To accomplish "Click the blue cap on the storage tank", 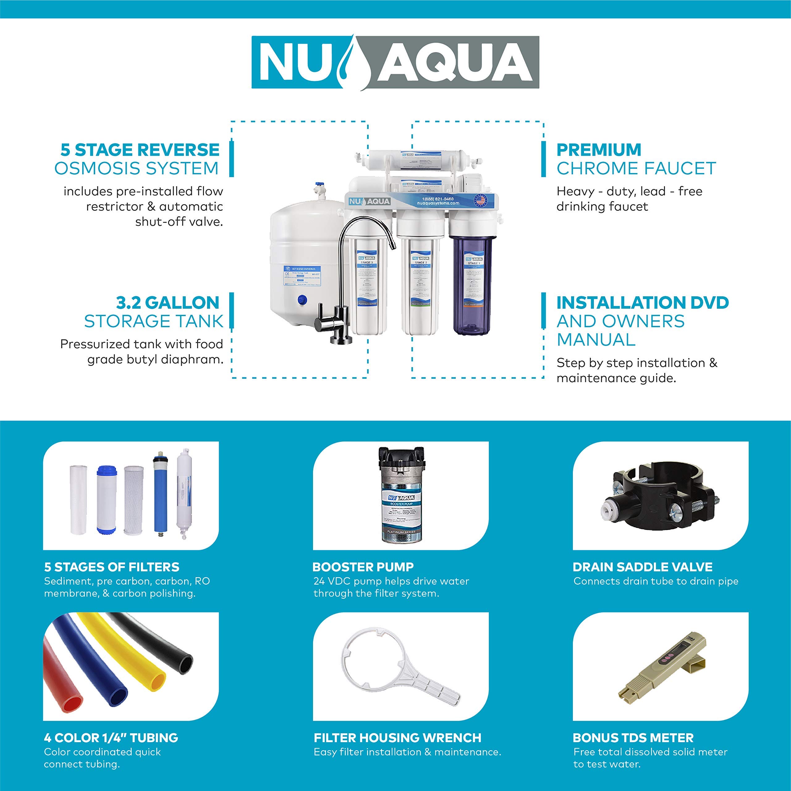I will point(302,300).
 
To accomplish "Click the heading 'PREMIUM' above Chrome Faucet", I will point(599,150).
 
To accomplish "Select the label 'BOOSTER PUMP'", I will point(363,567).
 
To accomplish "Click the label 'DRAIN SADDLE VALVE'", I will point(642,567).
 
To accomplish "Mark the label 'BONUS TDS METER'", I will point(633,738).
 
